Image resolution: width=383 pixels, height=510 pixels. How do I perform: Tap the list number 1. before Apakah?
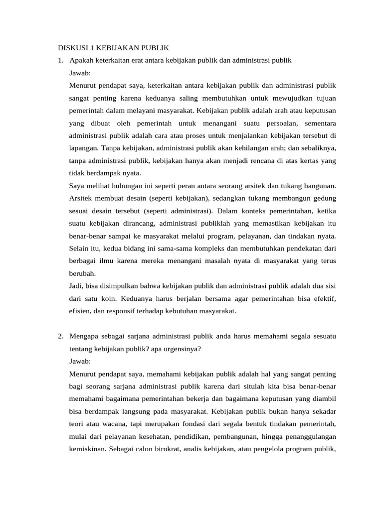click(60, 60)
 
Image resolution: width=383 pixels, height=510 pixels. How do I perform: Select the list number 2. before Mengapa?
click(60, 336)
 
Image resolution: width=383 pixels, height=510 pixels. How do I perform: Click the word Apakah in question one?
click(81, 60)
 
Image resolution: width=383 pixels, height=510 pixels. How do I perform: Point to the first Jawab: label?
click(80, 73)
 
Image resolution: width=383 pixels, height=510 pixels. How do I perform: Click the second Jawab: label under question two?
click(80, 361)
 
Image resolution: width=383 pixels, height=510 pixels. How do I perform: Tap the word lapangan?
click(84, 148)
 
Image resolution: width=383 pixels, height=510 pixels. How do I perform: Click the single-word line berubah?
click(82, 273)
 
